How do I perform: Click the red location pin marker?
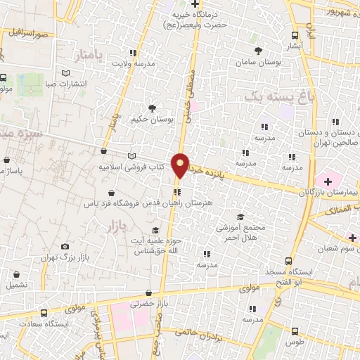(x=181, y=165)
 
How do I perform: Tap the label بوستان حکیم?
(x=152, y=120)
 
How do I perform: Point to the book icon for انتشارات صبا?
(x=66, y=72)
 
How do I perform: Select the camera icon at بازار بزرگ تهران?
(x=65, y=247)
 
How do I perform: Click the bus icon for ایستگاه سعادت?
(x=44, y=314)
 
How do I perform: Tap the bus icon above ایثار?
(x=294, y=34)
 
